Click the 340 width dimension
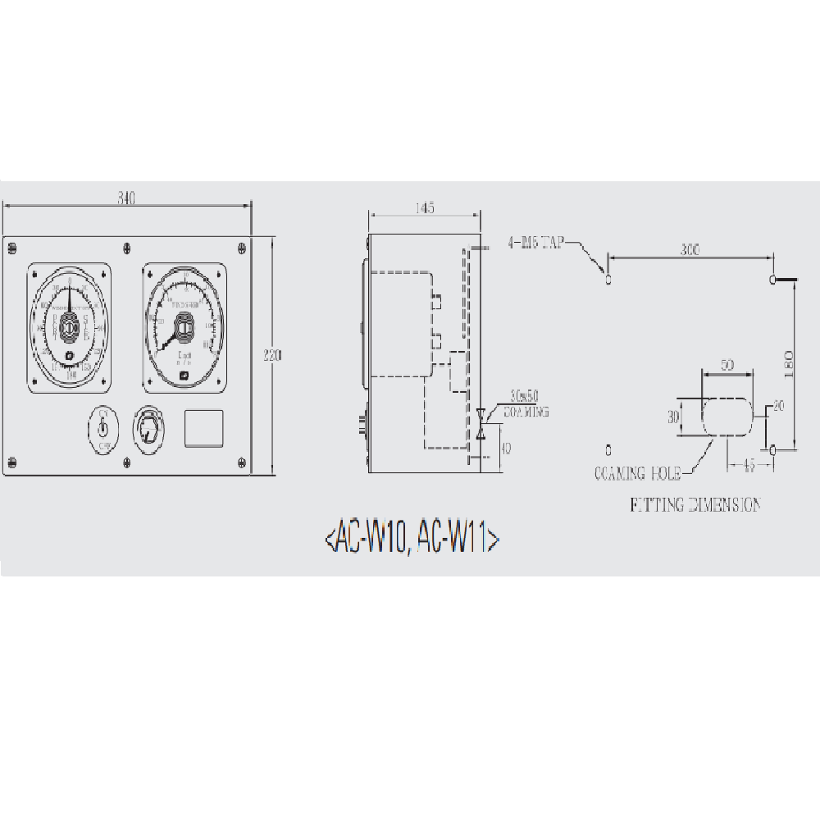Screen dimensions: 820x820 125,198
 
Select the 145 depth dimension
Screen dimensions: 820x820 423,208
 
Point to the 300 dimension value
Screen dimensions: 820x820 690,250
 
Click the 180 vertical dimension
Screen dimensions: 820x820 789,362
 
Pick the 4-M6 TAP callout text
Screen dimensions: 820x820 536,243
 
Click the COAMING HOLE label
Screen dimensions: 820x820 637,473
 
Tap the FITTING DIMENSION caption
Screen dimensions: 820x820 695,504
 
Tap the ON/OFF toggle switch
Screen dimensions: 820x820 104,426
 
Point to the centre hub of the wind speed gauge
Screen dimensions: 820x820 184,328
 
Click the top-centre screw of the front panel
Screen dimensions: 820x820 125,247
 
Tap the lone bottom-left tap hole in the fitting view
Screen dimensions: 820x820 608,449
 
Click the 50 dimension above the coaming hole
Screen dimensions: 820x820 727,366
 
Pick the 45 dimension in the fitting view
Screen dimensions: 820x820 747,464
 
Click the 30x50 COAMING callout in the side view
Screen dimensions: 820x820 525,405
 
